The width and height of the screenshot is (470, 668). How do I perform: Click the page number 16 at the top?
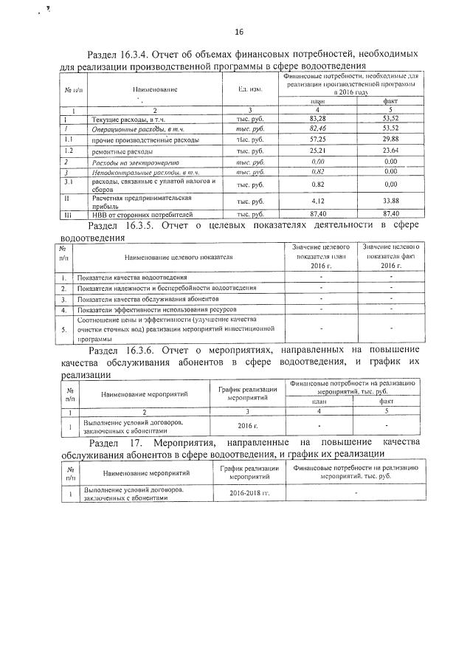pyautogui.click(x=238, y=32)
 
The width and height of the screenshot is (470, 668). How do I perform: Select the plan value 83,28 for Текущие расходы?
pyautogui.click(x=318, y=118)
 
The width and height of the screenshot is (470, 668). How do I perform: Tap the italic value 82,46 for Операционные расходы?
pyautogui.click(x=318, y=128)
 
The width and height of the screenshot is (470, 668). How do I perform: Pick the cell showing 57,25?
pyautogui.click(x=318, y=139)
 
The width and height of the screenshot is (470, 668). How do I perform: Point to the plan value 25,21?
pyautogui.click(x=318, y=151)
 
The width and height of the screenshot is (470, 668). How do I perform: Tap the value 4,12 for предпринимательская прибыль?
pyautogui.click(x=318, y=202)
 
